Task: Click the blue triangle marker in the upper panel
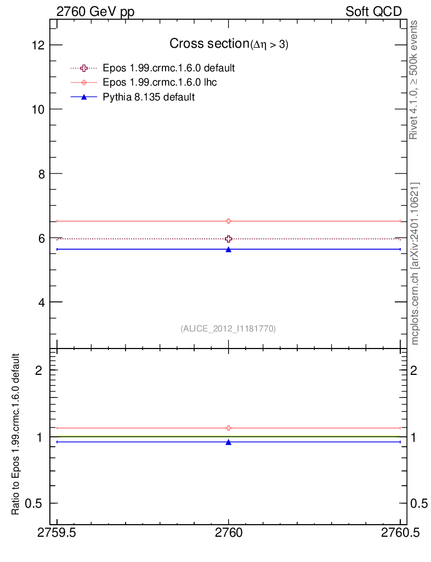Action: [229, 250]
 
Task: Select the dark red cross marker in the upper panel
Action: [229, 239]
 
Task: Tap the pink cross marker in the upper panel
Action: [229, 221]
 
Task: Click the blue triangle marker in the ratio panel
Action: [229, 442]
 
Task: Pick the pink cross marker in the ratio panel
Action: [229, 428]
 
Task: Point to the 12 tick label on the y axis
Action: [38, 45]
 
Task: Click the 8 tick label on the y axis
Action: [41, 174]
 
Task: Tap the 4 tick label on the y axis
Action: [41, 302]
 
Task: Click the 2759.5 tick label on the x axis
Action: [56, 533]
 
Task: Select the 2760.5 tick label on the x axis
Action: [400, 533]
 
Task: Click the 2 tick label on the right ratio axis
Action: [413, 370]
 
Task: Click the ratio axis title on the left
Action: [15, 434]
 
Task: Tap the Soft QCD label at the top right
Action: [373, 12]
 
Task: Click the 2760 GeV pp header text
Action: [95, 12]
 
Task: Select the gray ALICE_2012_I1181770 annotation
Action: [228, 329]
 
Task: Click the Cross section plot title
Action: [229, 44]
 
